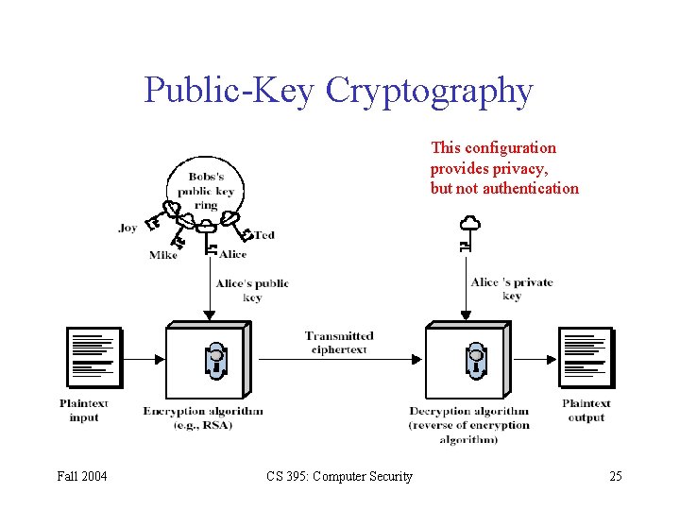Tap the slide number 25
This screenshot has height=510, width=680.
(x=615, y=476)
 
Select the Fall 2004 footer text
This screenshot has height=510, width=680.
(x=82, y=476)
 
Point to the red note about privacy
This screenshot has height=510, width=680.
(x=504, y=168)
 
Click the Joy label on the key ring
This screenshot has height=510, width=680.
(x=128, y=228)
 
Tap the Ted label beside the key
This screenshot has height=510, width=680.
(x=264, y=234)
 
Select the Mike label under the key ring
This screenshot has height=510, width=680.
(x=162, y=255)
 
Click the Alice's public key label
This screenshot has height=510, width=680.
(x=252, y=290)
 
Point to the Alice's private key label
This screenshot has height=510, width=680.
(x=512, y=289)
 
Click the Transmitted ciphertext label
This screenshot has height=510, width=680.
(x=339, y=343)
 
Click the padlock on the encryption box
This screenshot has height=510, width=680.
(x=216, y=360)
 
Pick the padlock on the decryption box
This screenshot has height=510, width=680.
(x=476, y=360)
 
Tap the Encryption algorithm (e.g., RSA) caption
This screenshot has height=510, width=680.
(x=203, y=417)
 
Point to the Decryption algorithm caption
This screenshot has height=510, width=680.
(x=469, y=425)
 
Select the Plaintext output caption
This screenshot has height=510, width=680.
(x=586, y=411)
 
